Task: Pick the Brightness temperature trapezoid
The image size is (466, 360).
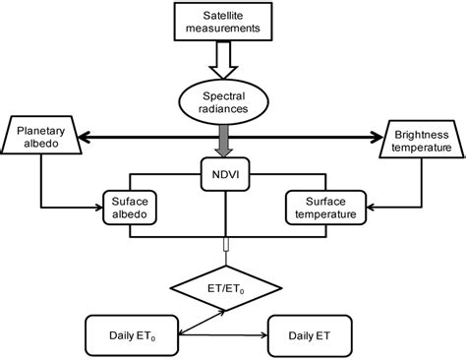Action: (x=422, y=140)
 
